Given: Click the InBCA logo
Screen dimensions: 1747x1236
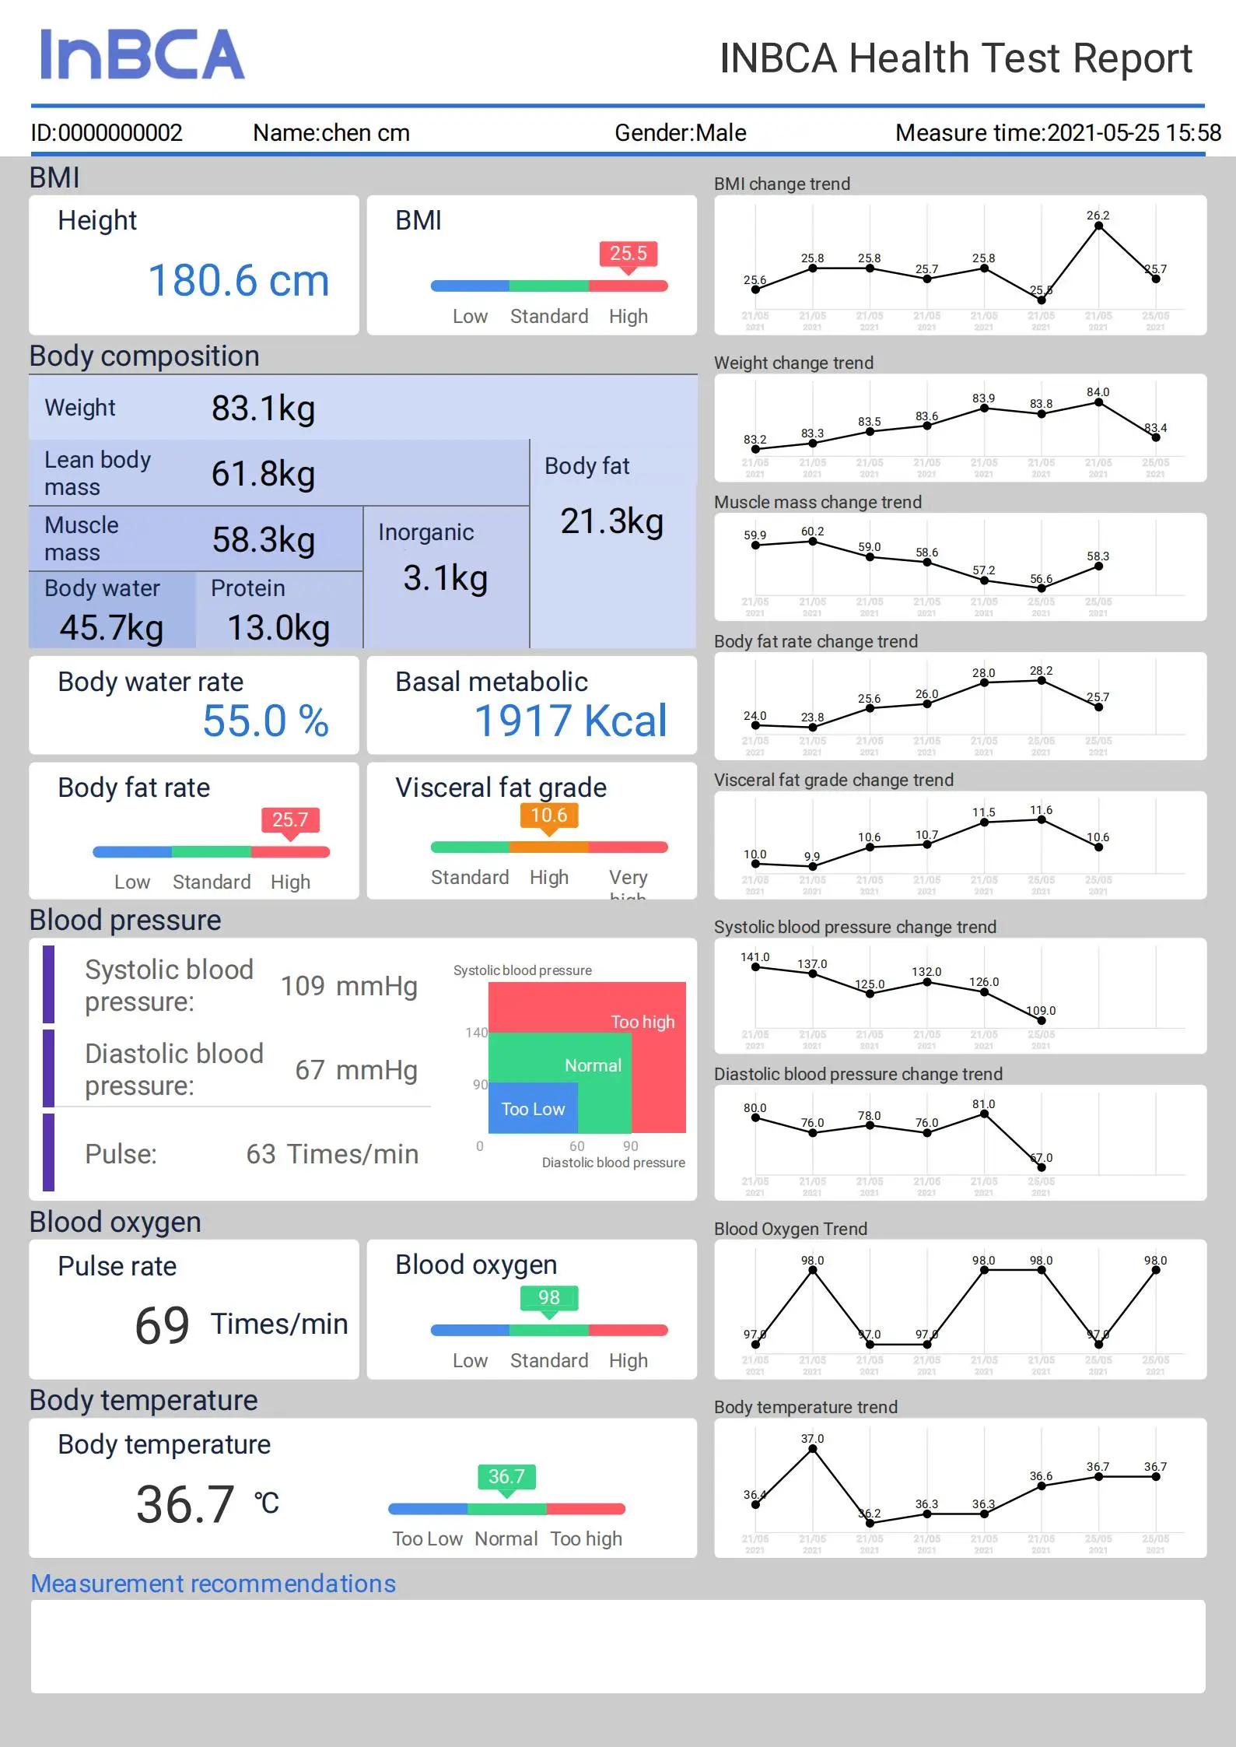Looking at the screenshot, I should coord(142,54).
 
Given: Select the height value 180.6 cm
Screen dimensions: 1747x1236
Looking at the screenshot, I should coord(238,281).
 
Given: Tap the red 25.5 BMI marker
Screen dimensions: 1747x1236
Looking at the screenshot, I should coord(628,254).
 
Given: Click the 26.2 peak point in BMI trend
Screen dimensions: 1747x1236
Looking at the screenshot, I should coord(1098,226).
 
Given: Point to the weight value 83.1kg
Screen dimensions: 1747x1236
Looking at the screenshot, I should coord(263,409).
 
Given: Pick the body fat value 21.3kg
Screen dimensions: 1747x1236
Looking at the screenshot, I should coord(611,521).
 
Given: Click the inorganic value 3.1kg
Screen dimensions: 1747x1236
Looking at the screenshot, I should coord(445,578).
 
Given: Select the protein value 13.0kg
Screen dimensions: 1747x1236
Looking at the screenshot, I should coord(278,628).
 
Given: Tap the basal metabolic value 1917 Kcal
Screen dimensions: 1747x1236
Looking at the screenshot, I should coord(570,721).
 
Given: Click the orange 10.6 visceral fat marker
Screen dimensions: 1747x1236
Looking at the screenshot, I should coord(548,816).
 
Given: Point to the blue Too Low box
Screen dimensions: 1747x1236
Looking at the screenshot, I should coord(533,1109).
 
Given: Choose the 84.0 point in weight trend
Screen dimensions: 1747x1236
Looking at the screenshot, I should coord(1098,402).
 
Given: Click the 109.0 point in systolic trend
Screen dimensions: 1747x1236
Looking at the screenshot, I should coord(1042,1020).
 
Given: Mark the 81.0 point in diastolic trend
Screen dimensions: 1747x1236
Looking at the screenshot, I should coord(984,1114).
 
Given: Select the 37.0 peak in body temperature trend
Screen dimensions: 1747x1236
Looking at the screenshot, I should coord(813,1448).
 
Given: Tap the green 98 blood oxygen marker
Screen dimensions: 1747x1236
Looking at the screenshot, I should coord(548,1297).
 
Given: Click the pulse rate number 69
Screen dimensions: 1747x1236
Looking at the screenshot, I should coord(162,1325).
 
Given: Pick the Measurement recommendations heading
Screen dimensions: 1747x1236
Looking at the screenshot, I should coord(213,1584).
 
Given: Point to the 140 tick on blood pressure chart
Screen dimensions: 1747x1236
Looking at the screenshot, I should coord(476,1033).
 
